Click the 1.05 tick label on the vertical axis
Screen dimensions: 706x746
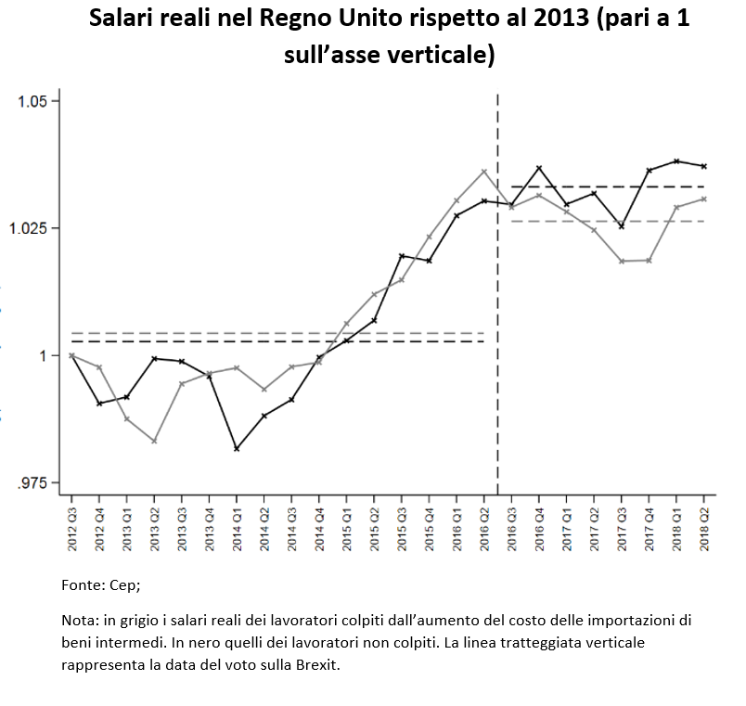point(38,101)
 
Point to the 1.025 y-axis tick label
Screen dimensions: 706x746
point(34,228)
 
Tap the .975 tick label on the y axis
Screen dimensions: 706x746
point(38,482)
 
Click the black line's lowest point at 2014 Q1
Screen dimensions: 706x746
point(238,449)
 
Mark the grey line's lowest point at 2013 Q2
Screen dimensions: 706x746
point(155,441)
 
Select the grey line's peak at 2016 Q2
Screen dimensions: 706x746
point(484,171)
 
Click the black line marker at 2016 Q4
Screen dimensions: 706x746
point(539,168)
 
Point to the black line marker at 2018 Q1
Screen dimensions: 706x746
point(677,161)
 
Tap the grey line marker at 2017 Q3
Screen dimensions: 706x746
point(622,262)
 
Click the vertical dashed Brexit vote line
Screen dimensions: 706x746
point(498,371)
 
